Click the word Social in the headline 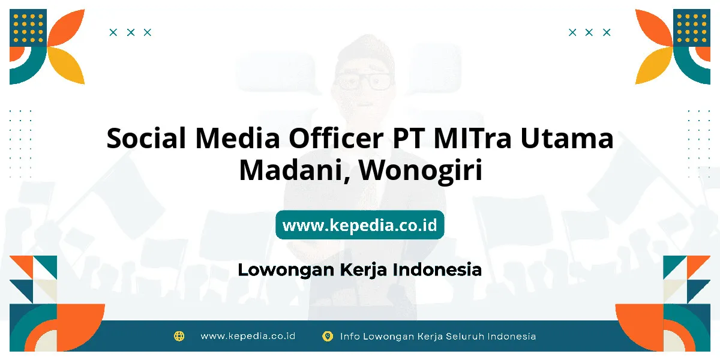[x=146, y=138]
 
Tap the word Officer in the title [x=336, y=138]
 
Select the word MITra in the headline [x=472, y=138]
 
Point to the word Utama [x=567, y=138]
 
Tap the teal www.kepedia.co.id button [x=359, y=225]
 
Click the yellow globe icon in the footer [x=179, y=336]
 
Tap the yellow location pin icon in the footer [x=328, y=336]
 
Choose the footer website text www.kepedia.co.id [x=248, y=336]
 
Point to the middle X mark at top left [x=131, y=32]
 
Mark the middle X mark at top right [x=589, y=32]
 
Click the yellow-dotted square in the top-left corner [x=28, y=28]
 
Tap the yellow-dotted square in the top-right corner [x=692, y=28]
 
